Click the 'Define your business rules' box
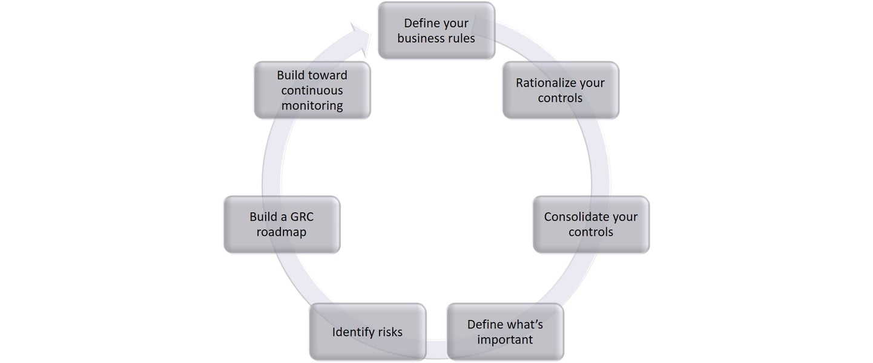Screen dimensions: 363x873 436,30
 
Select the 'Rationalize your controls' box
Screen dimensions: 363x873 561,90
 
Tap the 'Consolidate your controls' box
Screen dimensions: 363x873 591,224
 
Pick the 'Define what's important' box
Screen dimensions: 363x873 505,332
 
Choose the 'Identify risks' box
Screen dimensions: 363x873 367,332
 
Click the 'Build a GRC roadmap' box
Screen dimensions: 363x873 282,224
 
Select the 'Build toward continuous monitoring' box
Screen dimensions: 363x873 312,90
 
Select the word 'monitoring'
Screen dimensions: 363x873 312,105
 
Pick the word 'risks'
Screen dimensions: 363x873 388,332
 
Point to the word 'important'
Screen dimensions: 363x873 505,339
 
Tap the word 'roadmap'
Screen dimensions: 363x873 282,232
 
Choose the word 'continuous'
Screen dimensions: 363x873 312,90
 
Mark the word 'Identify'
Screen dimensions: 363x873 352,332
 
